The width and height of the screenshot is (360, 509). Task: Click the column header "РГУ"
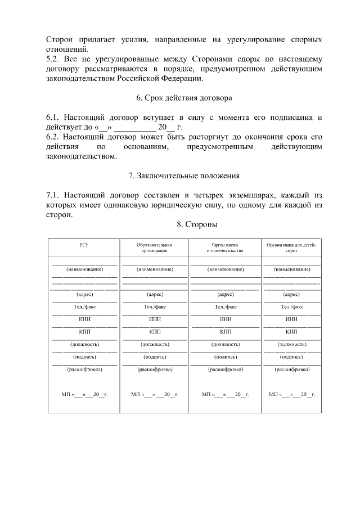(84, 245)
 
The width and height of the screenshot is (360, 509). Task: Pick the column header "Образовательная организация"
(154, 248)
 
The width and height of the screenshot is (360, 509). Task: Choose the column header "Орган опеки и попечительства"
(225, 248)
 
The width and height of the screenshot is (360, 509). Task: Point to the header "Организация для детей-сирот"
(291, 248)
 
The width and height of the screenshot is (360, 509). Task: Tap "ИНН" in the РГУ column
(84, 319)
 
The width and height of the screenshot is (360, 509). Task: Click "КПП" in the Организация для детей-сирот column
(291, 331)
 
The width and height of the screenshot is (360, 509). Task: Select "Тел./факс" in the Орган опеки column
(225, 307)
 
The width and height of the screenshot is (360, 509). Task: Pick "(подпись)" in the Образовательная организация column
(154, 357)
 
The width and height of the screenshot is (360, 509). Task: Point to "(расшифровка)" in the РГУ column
(84, 370)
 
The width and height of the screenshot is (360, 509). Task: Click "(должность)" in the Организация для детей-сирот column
(291, 344)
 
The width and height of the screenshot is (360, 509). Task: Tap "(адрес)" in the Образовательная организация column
(154, 294)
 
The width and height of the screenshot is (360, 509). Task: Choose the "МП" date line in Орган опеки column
(225, 395)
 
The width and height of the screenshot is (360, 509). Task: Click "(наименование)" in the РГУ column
(84, 270)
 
